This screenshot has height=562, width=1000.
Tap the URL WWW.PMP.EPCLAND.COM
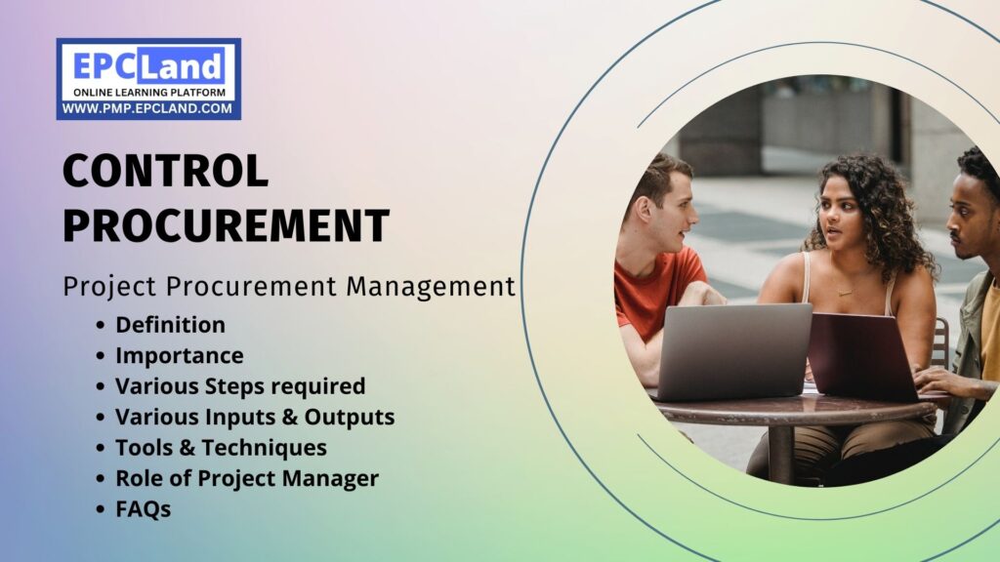148,109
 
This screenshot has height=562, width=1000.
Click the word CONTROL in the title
166,172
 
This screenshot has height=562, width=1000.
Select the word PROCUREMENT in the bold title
227,225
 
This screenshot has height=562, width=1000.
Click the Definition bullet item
170,325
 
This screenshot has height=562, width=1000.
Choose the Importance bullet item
180,356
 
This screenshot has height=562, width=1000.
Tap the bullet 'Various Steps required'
240,386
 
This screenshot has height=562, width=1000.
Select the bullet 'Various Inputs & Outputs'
255,418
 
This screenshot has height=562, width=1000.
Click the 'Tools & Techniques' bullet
221,448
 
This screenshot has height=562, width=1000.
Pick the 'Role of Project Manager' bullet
247,478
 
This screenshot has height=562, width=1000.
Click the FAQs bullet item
144,509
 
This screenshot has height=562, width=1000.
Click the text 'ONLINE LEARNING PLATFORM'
148,93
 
